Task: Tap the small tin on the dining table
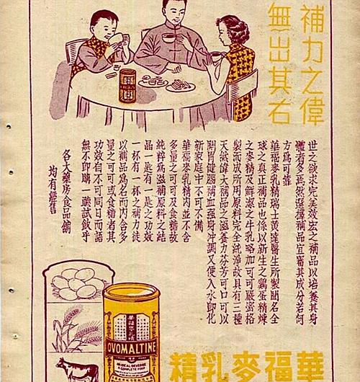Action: click(127, 85)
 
